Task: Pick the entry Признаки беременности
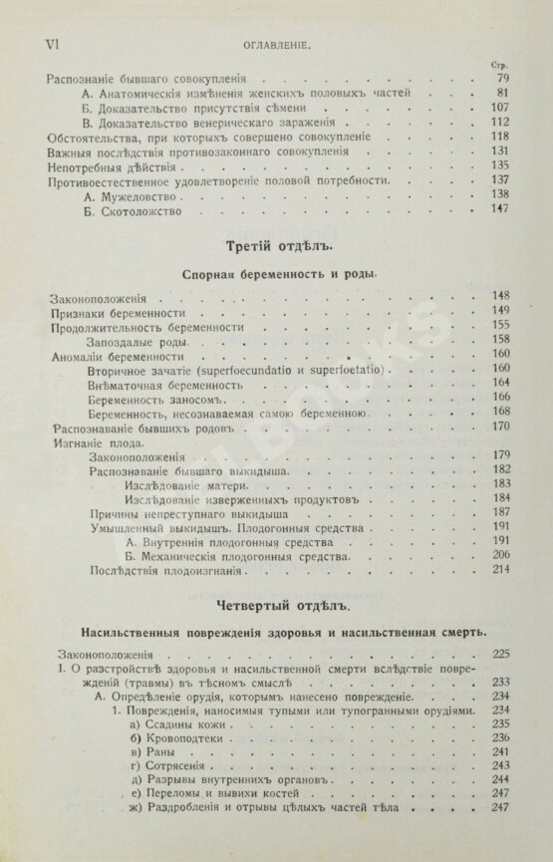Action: click(x=105, y=312)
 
